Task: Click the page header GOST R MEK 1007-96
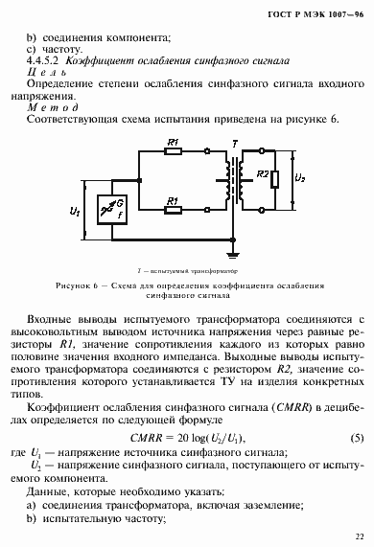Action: [x=316, y=13]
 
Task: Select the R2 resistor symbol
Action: [x=276, y=178]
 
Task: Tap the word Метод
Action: [x=46, y=112]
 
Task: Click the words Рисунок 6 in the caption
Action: [x=81, y=285]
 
